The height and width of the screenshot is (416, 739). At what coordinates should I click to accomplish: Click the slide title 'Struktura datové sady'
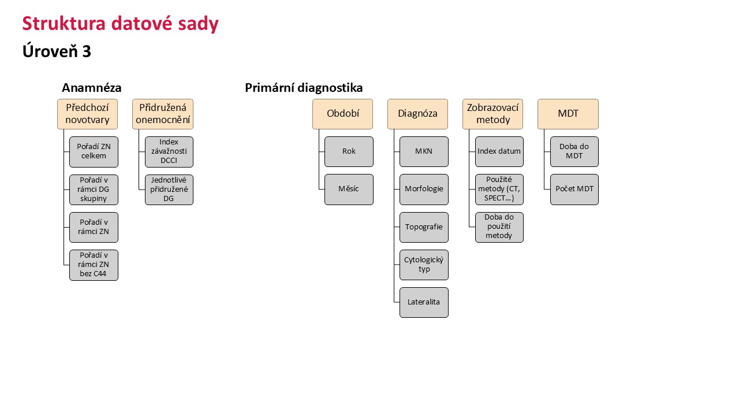(121, 24)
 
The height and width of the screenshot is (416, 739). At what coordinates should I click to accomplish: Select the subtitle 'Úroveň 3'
(57, 51)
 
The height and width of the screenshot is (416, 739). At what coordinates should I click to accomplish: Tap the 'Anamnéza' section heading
(92, 88)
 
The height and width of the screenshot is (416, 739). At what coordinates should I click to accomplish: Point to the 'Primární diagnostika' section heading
(304, 88)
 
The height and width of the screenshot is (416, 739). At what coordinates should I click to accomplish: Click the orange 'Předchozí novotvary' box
(87, 114)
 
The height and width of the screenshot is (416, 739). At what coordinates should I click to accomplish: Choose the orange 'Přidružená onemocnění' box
(163, 114)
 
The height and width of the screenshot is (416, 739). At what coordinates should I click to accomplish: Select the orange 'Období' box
(343, 114)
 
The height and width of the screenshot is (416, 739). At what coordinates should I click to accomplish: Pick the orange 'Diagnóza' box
(417, 114)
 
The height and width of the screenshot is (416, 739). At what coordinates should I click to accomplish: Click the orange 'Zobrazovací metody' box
(492, 114)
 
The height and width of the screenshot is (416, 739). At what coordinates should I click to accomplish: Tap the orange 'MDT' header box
(568, 114)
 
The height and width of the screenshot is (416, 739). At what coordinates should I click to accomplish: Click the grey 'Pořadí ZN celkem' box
(94, 152)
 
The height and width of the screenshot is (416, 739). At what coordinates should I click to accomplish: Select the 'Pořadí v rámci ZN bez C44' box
(94, 265)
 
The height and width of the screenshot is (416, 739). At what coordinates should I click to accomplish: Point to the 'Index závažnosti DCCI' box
(169, 152)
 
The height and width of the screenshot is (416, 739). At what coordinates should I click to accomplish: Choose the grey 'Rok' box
(349, 151)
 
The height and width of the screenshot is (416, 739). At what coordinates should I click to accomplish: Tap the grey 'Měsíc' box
(349, 190)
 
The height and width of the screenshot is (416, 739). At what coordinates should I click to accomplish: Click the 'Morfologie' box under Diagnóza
(424, 190)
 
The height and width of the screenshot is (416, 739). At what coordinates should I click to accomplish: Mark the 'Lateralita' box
(424, 302)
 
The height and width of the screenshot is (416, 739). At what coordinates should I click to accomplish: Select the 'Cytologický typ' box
(424, 265)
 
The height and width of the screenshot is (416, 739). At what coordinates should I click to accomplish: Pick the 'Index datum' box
(499, 151)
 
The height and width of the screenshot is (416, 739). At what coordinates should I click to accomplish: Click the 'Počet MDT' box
(574, 190)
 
